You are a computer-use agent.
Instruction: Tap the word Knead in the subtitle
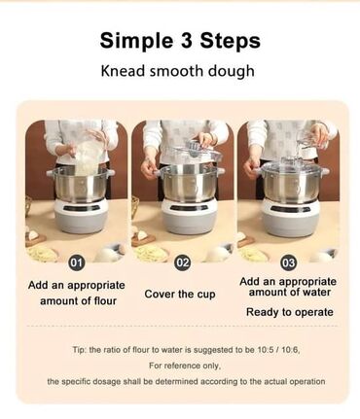pos(123,71)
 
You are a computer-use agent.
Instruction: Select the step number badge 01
pos(76,262)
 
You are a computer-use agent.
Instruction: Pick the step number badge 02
pos(182,262)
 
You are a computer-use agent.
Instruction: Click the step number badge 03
pos(288,262)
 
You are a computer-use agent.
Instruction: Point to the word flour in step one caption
pos(105,300)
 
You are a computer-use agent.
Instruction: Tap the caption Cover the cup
pos(180,294)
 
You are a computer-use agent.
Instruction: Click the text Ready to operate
pos(290,312)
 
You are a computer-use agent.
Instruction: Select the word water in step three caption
pos(316,293)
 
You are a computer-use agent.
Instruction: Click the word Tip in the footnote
pos(78,350)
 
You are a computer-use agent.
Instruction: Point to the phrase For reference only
pos(185,366)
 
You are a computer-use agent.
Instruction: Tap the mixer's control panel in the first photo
pos(81,208)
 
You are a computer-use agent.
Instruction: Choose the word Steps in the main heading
pos(230,41)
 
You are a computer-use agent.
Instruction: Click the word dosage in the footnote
pos(107,382)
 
